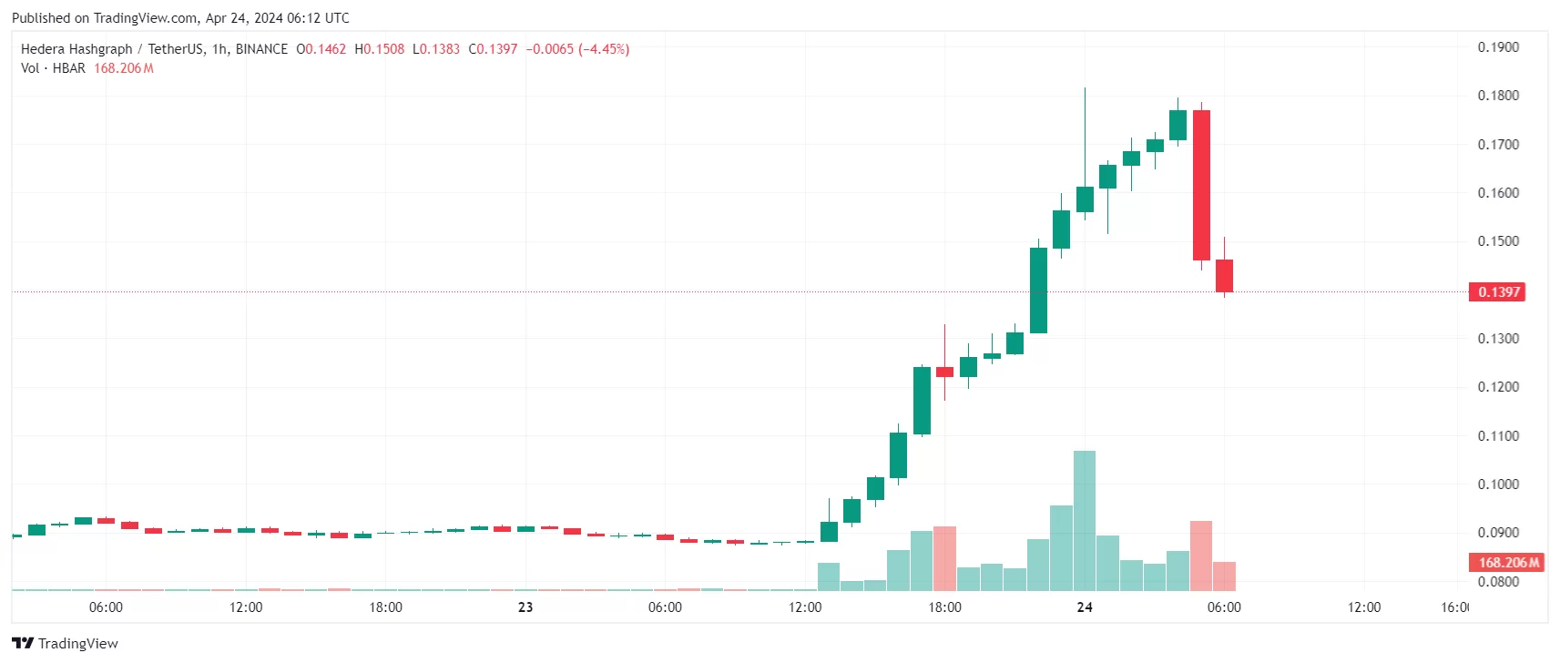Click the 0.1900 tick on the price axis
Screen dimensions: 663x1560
[x=1497, y=47]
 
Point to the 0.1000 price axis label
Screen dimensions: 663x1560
[x=1497, y=484]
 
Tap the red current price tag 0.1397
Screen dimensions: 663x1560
[x=1497, y=292]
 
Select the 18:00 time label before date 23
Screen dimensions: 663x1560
[x=385, y=607]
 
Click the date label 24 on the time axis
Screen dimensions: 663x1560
[x=1084, y=607]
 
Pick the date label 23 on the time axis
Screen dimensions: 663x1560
[x=525, y=607]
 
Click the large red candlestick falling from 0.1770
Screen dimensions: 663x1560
[x=1201, y=185]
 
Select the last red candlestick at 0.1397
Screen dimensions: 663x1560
[x=1224, y=276]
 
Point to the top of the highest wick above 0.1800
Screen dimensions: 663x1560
[x=1085, y=89]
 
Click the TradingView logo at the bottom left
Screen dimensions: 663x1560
[x=65, y=643]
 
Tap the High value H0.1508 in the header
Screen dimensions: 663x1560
[x=379, y=49]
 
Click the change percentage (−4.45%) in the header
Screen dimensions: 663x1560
[x=604, y=49]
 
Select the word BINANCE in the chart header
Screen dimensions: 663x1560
[x=261, y=49]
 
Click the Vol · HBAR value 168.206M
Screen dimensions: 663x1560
[x=124, y=68]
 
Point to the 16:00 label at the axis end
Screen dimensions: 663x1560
[x=1454, y=607]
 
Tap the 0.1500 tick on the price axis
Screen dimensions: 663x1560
[x=1497, y=241]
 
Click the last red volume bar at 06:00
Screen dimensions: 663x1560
[x=1224, y=576]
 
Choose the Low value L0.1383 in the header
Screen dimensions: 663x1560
[x=436, y=49]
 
